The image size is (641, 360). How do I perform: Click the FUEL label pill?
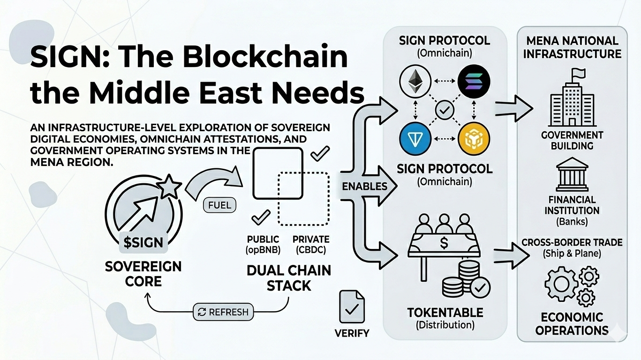[x=219, y=205]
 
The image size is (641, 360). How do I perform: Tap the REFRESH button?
[x=223, y=312]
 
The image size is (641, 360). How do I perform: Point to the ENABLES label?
[x=364, y=186]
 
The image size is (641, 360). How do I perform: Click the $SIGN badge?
[x=143, y=242]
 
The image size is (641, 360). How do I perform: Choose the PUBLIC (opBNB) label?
[x=263, y=245]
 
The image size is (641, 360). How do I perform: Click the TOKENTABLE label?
[x=445, y=312]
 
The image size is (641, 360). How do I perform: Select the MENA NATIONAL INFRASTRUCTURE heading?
[x=572, y=47]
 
